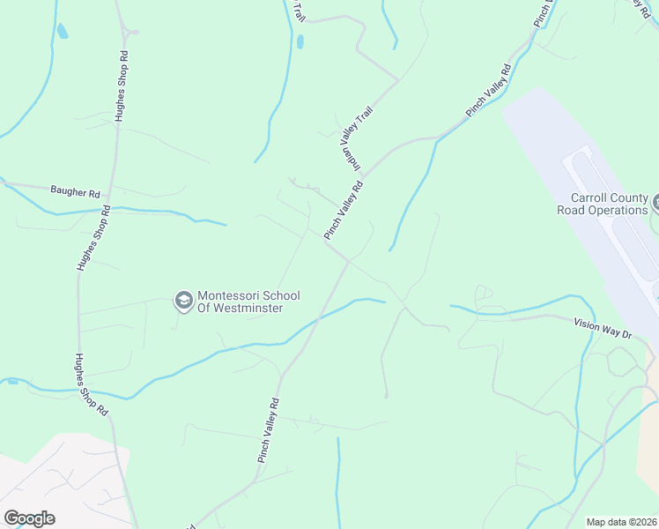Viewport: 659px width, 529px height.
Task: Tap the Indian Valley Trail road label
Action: click(358, 139)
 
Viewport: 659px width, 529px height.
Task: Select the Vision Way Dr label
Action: click(603, 330)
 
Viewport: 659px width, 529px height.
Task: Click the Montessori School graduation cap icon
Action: click(184, 302)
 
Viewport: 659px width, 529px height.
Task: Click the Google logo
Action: click(29, 518)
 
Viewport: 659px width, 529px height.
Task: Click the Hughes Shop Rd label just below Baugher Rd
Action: click(93, 237)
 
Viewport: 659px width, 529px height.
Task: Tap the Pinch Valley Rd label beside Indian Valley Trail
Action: click(344, 210)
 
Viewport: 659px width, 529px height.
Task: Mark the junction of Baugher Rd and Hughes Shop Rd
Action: click(112, 192)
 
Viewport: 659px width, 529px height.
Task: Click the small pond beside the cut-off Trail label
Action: click(300, 41)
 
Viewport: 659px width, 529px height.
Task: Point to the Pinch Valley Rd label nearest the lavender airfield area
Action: click(489, 90)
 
